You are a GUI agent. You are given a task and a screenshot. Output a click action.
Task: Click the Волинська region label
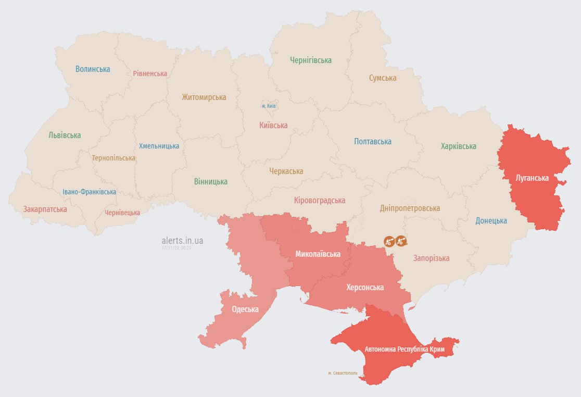point(93,69)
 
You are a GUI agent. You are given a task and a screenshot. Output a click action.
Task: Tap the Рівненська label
point(150,73)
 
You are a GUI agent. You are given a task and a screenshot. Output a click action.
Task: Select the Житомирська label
point(204,97)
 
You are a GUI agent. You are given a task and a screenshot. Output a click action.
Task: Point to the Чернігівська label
point(311,60)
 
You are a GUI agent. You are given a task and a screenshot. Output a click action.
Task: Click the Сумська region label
point(383,78)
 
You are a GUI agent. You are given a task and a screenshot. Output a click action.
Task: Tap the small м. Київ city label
point(269,106)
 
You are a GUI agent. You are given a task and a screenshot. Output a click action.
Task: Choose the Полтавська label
point(373,141)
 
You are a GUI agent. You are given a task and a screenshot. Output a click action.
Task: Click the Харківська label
point(458,146)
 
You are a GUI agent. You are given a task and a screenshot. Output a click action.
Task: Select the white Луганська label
point(532,178)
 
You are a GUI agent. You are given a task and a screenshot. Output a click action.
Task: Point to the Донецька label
point(491,220)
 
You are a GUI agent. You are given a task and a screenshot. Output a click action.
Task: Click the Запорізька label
point(431,258)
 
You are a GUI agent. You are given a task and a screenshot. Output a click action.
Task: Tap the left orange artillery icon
point(389,241)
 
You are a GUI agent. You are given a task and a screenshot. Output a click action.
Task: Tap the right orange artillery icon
point(401,241)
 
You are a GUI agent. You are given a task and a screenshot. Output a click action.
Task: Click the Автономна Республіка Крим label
point(405,349)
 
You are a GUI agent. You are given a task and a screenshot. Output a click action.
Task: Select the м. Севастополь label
point(343,373)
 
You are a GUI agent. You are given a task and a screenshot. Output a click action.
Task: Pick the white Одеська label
point(245,309)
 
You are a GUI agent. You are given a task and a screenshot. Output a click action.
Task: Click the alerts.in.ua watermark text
point(182,240)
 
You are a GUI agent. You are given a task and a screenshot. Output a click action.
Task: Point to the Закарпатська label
point(45,209)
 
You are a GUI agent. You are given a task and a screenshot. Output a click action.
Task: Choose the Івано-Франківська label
point(90,192)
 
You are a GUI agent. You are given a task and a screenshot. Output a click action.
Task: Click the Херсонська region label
point(365,287)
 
